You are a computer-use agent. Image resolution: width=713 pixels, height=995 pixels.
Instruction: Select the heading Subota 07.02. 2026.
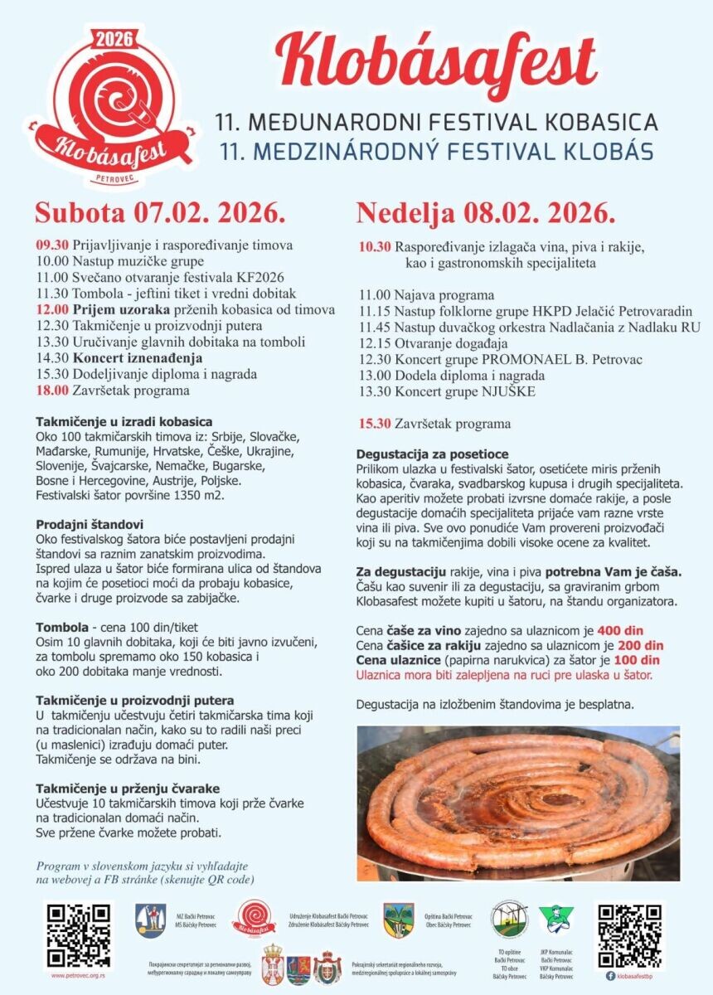pyautogui.click(x=160, y=213)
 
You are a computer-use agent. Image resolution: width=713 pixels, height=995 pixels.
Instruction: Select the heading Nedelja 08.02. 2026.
pyautogui.click(x=486, y=213)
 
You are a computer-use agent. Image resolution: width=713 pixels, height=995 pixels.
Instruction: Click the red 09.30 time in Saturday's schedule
pyautogui.click(x=51, y=246)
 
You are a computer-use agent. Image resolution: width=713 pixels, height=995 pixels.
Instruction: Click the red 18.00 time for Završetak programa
pyautogui.click(x=51, y=390)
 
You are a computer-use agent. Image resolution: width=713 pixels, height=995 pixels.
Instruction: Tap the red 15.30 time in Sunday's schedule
pyautogui.click(x=375, y=424)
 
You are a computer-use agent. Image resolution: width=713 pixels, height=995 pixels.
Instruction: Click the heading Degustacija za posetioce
pyautogui.click(x=432, y=454)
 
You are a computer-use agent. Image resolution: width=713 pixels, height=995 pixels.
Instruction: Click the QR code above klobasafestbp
pyautogui.click(x=630, y=935)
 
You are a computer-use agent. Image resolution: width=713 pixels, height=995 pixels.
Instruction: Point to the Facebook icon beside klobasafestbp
pyautogui.click(x=610, y=976)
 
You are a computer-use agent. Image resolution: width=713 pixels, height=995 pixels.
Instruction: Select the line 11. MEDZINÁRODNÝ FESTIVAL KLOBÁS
pyautogui.click(x=433, y=152)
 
